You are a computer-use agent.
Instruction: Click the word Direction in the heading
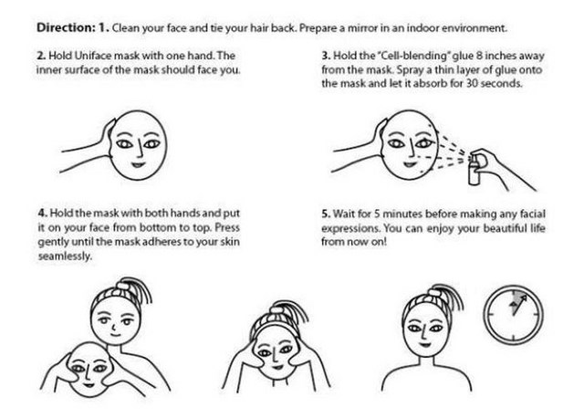click(67, 27)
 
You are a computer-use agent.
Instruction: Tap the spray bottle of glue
click(474, 170)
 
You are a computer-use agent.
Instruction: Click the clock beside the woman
click(514, 315)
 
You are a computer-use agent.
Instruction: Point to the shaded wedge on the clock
click(517, 301)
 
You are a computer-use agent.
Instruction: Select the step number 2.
click(41, 56)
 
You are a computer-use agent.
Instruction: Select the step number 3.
click(327, 56)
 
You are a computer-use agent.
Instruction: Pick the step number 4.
click(43, 213)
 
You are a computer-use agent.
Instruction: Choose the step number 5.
click(327, 214)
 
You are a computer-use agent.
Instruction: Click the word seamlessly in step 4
click(65, 256)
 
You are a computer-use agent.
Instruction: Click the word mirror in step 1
click(362, 28)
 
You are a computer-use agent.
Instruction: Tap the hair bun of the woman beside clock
click(434, 291)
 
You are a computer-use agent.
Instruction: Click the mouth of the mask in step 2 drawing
click(138, 164)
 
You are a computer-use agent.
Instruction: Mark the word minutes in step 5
click(403, 214)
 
